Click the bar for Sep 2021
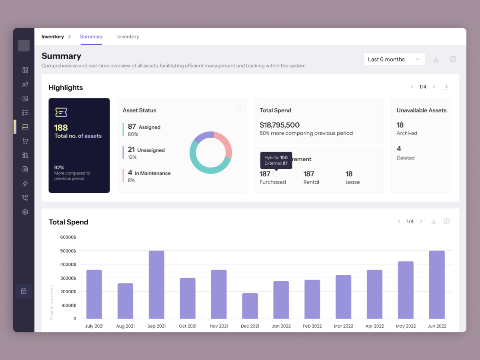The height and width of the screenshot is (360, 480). pos(156,284)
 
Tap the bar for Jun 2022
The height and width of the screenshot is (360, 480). pos(437,284)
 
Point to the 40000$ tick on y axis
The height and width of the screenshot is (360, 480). pos(68,264)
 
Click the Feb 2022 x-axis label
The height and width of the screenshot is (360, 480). pos(312,326)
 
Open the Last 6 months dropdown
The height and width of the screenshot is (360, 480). pos(394,59)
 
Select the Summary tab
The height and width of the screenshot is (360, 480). pos(91,37)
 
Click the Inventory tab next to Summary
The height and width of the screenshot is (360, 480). pos(128,37)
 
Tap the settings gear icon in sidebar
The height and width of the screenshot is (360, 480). pos(25,212)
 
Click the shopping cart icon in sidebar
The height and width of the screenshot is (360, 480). pos(25,141)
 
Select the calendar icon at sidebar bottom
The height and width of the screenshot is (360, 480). pos(24,291)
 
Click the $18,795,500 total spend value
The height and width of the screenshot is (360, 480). pos(280,125)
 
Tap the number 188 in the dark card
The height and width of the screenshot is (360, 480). pos(61,128)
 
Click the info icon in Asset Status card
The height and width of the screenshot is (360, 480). pos(238,110)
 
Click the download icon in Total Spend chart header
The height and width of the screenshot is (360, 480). pos(434,222)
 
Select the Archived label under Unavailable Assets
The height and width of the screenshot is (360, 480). pos(407,133)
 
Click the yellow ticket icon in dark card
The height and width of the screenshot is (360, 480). pos(61,112)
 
